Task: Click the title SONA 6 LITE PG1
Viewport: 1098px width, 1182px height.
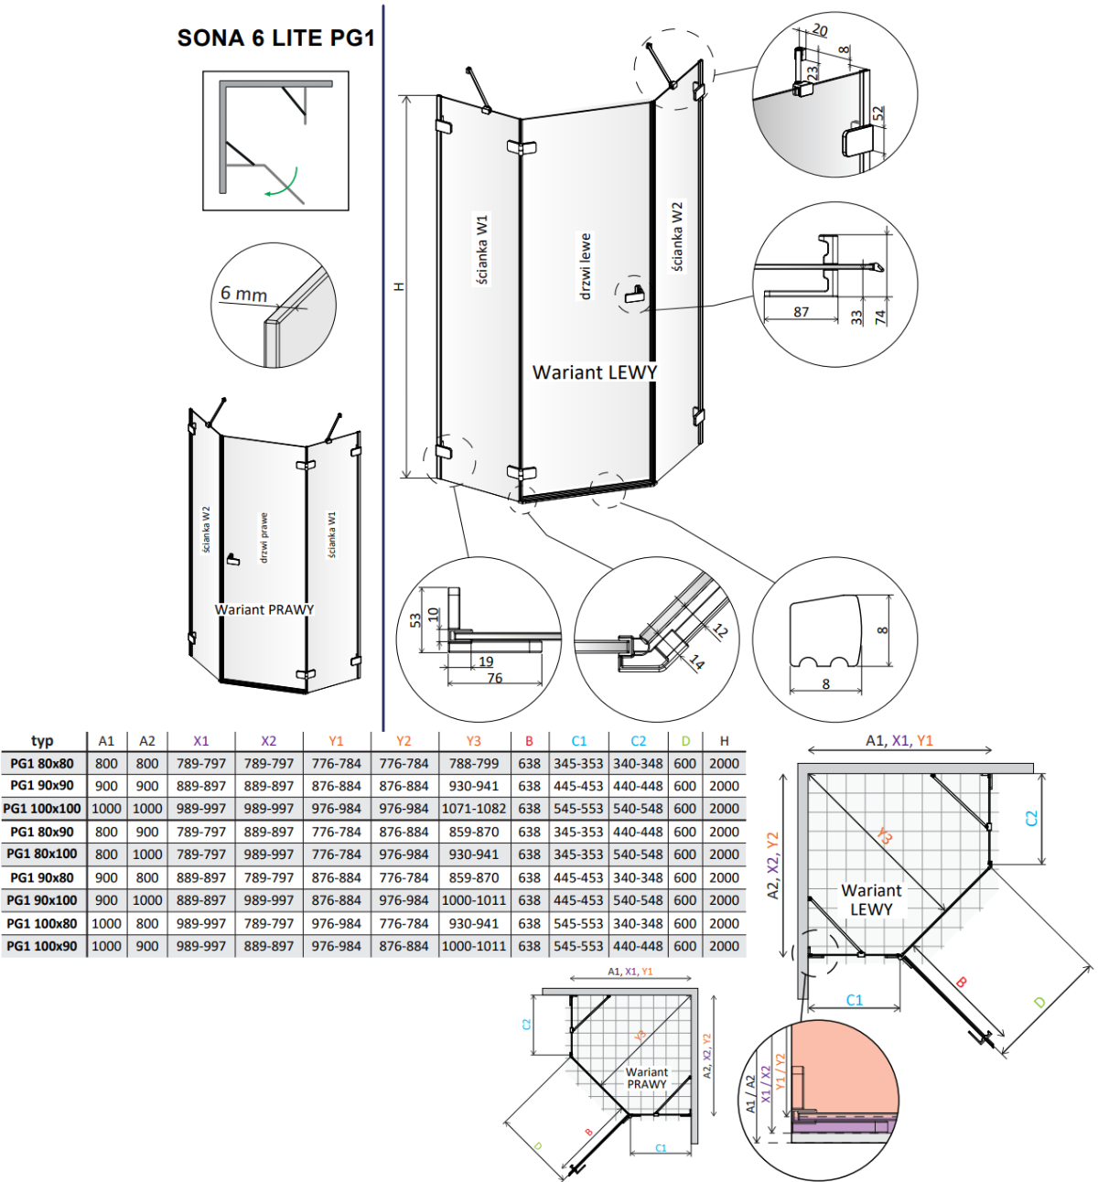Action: (275, 38)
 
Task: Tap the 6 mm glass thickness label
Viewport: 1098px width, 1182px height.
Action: (243, 293)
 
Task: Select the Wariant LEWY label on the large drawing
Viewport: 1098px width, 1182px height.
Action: (594, 372)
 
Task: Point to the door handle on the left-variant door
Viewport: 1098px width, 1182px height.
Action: (635, 294)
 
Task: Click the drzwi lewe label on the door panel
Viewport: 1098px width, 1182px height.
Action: (585, 266)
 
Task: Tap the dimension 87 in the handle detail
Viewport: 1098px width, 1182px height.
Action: (801, 311)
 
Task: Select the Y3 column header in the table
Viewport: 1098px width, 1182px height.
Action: (473, 741)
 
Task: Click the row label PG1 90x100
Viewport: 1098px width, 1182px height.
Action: (42, 900)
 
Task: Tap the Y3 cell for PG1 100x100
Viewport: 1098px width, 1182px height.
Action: (474, 809)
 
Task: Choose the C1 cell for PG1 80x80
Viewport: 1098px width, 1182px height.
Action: (578, 764)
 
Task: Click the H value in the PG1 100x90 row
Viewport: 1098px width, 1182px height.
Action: (724, 946)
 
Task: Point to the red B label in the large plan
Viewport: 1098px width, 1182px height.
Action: (961, 983)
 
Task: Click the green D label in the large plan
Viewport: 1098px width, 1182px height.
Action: (1039, 1003)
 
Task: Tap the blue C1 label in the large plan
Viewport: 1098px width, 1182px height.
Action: (855, 1000)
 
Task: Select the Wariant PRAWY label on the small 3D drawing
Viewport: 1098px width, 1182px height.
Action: (264, 609)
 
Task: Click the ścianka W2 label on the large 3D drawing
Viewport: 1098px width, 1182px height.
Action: (676, 237)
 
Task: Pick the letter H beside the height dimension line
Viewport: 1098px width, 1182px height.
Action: (400, 287)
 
